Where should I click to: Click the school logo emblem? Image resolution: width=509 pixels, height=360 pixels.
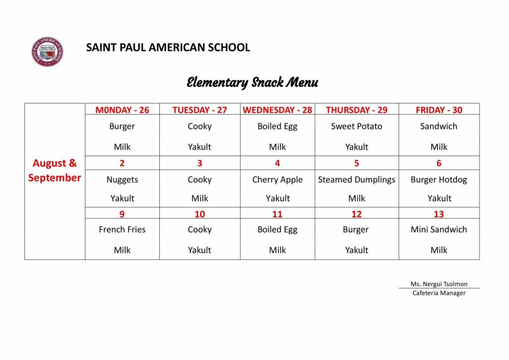tap(47, 52)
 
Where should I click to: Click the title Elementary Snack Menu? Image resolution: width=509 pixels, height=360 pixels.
tap(252, 82)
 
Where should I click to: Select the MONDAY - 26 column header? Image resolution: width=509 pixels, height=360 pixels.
tap(122, 110)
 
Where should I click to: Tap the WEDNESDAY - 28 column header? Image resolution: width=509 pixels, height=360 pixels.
tap(277, 110)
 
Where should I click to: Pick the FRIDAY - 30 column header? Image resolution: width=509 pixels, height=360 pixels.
tap(439, 110)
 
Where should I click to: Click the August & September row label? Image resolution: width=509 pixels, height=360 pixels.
tap(54, 170)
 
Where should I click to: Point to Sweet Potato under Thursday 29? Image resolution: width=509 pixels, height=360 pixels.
tap(356, 126)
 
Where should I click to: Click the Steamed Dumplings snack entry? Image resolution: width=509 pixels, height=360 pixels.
tap(356, 179)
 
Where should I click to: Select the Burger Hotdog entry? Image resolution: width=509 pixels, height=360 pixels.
tap(439, 179)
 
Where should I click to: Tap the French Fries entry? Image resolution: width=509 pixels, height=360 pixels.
tap(122, 230)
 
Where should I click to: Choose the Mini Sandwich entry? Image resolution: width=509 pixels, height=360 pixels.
tap(439, 230)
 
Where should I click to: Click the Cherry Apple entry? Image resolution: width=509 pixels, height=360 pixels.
tap(277, 179)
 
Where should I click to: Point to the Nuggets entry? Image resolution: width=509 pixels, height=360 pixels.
tap(122, 179)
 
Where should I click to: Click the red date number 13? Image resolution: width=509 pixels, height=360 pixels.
tap(439, 214)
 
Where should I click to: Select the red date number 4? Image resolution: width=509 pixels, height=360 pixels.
tap(277, 163)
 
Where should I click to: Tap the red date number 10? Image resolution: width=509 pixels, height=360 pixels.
tap(200, 214)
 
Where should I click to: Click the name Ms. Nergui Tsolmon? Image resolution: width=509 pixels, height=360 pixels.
tap(439, 284)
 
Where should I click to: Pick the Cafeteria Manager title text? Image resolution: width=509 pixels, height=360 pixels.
tap(439, 293)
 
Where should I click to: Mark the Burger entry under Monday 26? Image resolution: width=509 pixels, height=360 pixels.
tap(122, 126)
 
